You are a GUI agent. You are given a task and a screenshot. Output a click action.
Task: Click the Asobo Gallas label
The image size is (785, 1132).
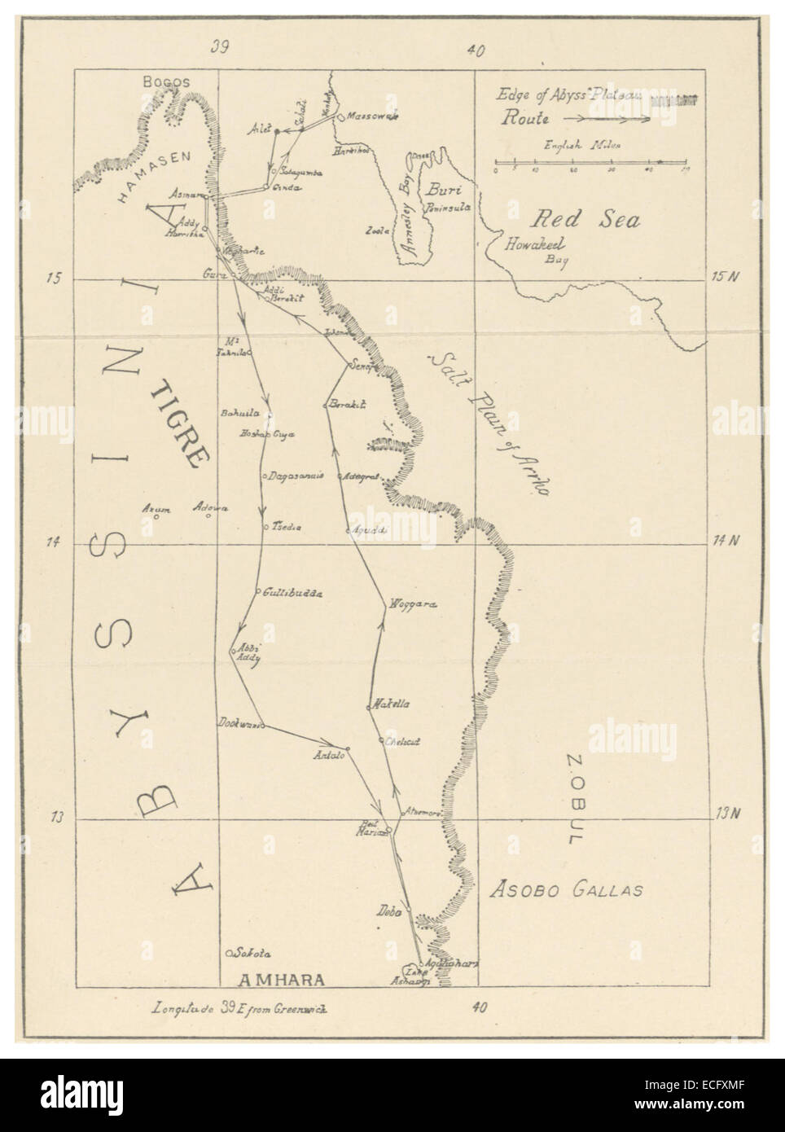click(x=567, y=890)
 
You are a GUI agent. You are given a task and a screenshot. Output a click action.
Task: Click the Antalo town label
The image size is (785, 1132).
click(x=330, y=756)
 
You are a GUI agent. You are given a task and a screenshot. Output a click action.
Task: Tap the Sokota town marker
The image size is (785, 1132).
click(x=230, y=952)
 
